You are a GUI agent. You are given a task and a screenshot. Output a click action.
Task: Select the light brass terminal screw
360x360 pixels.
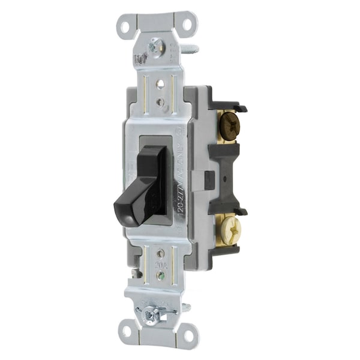[x=229, y=227]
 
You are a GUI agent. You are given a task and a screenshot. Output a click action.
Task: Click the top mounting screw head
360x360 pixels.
[x=156, y=43]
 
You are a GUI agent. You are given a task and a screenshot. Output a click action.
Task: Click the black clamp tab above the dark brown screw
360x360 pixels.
[x=239, y=108]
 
